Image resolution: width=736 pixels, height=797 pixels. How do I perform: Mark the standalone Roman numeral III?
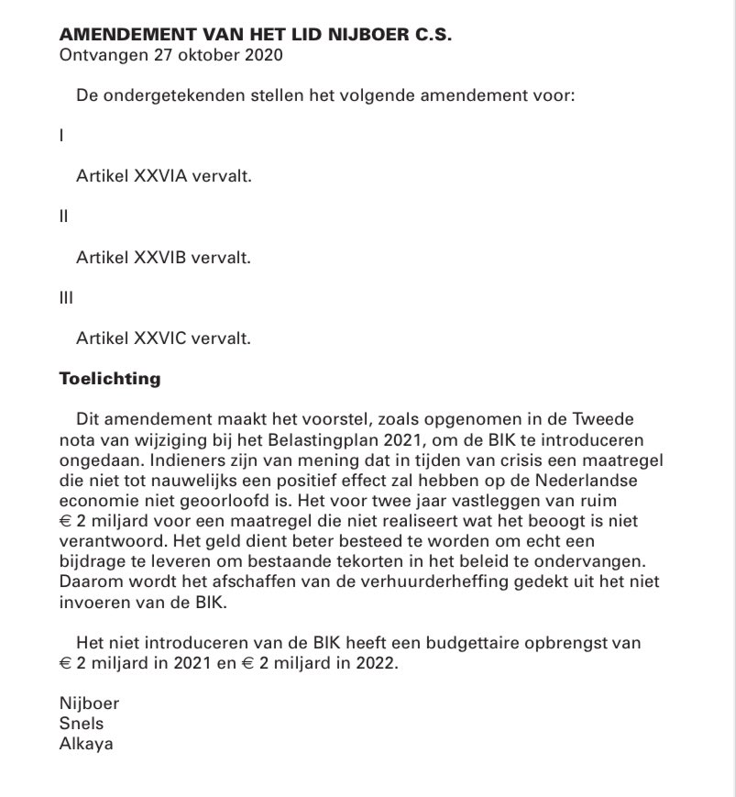(x=64, y=298)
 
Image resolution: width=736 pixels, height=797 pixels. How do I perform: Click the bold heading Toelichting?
(x=109, y=378)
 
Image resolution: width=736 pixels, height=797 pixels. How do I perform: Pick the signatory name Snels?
(x=80, y=724)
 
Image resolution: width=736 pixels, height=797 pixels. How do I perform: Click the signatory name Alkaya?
(x=85, y=743)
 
